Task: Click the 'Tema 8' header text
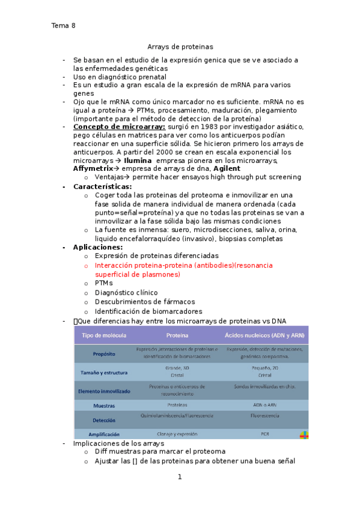63,25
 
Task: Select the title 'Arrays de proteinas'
180,46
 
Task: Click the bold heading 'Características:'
102,186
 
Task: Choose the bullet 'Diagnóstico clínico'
126,292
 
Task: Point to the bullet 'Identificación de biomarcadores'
148,311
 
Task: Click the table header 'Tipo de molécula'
104,335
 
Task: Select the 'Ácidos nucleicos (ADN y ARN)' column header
264,335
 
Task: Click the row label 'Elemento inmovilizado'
104,391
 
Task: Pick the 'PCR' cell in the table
264,434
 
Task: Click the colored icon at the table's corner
304,434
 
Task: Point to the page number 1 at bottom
179,478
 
